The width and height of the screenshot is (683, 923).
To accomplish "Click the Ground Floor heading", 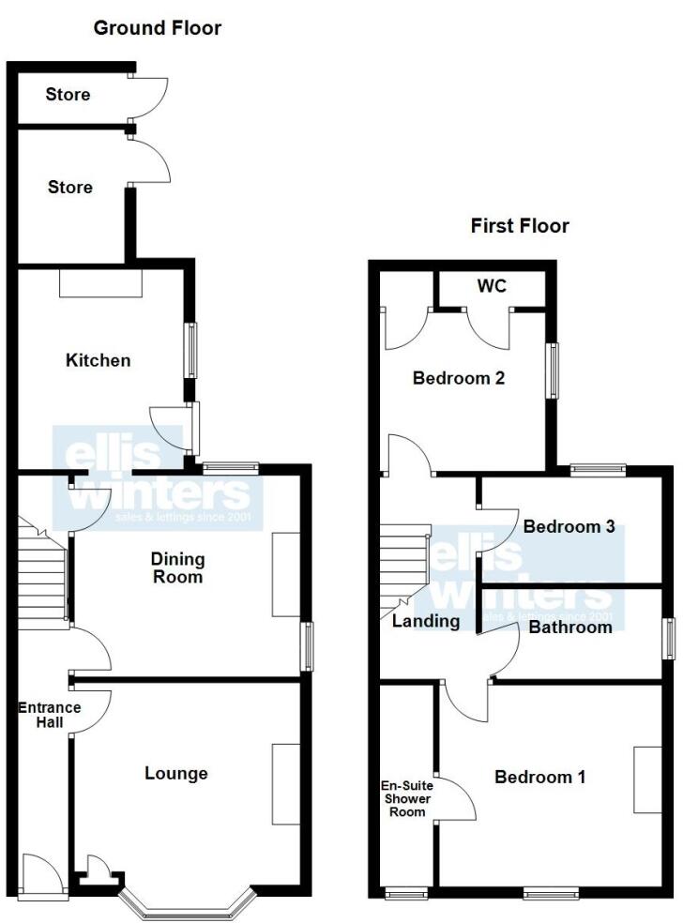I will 158,28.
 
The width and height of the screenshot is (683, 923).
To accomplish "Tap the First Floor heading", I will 520,226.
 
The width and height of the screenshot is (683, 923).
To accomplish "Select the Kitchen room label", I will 98,360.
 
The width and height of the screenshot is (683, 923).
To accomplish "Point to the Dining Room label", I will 178,567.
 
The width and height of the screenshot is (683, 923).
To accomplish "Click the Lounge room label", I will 176,773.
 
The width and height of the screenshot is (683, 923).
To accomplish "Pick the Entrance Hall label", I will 37,716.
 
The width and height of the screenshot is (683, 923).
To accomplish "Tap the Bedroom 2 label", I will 460,379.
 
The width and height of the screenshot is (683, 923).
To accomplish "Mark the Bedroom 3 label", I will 569,527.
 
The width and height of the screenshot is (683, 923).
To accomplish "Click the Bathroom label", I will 570,627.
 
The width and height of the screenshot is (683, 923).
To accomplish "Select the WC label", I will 492,286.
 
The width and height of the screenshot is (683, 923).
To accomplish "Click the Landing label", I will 426,621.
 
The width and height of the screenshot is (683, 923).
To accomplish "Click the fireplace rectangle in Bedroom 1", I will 646,779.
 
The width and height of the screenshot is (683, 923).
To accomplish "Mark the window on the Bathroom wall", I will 670,639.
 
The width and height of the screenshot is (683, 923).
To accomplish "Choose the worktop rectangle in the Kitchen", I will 100,283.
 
